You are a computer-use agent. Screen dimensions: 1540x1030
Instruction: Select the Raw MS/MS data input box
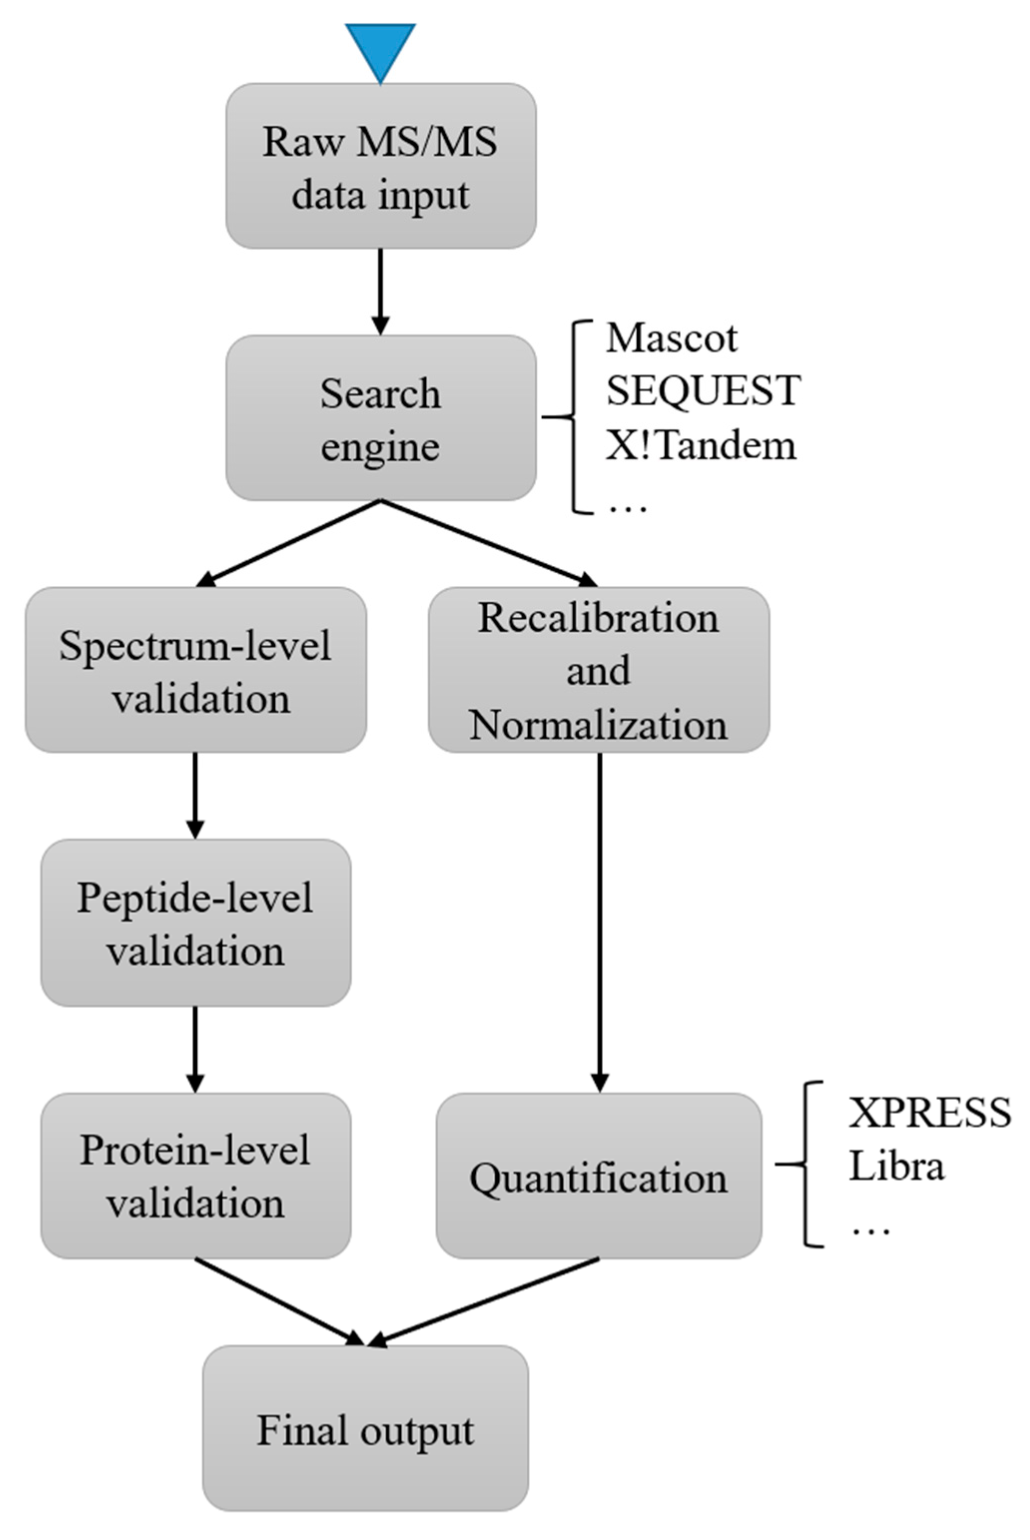[380, 166]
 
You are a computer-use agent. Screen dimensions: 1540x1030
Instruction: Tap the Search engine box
[380, 418]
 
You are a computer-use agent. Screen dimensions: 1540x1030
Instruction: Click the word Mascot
[672, 339]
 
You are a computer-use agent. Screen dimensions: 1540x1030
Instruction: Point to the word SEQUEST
[703, 390]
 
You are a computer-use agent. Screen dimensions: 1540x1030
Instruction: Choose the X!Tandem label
[700, 445]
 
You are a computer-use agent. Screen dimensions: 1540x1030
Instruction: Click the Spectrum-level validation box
[196, 670]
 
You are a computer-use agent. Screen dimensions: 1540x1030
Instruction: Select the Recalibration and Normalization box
[599, 670]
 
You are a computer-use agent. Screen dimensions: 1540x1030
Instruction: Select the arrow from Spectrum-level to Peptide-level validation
[195, 795]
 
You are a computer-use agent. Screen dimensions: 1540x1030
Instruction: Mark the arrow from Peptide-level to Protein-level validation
[195, 1049]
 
